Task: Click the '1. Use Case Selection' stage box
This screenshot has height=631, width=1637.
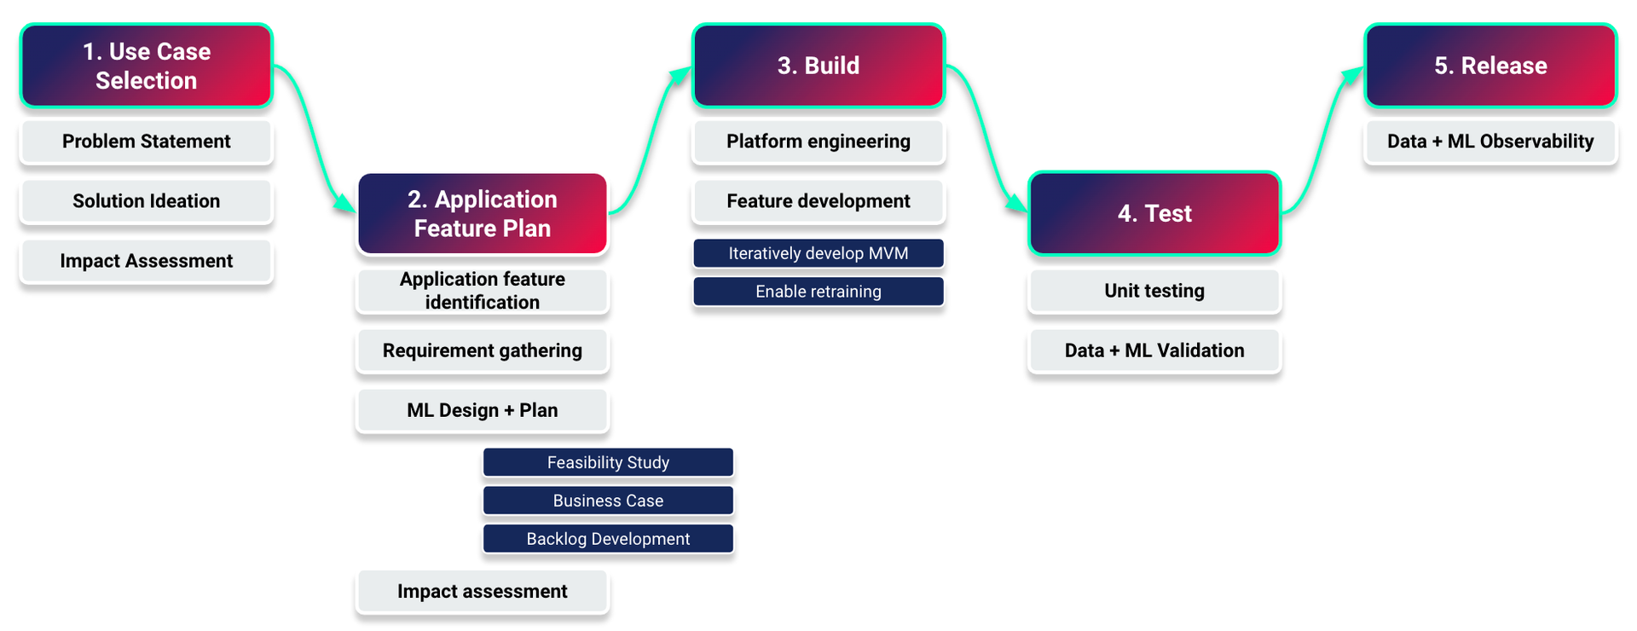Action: click(x=146, y=66)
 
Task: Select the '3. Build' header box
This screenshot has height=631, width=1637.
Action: click(x=818, y=66)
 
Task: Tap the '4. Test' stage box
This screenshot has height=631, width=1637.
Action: click(x=1154, y=213)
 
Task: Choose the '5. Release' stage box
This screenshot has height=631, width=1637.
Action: click(x=1489, y=66)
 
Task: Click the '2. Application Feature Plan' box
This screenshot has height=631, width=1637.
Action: click(x=482, y=213)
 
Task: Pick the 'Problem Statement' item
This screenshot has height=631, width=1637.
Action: click(x=146, y=142)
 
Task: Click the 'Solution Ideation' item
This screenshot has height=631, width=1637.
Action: click(x=146, y=201)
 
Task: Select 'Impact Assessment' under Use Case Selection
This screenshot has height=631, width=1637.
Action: click(x=146, y=261)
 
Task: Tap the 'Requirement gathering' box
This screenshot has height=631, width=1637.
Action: click(x=482, y=350)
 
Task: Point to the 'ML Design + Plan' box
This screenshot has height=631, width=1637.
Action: click(x=482, y=410)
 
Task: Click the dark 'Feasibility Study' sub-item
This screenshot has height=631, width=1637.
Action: click(x=608, y=462)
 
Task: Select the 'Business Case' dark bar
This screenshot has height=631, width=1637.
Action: click(x=608, y=501)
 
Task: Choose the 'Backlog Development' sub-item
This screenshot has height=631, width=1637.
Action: click(x=608, y=539)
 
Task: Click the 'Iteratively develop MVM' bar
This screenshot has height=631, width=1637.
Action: click(x=818, y=253)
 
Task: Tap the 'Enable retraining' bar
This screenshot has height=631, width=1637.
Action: click(x=818, y=292)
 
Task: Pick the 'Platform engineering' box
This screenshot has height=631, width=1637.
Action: click(x=818, y=142)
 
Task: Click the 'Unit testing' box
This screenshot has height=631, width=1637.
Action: click(x=1154, y=291)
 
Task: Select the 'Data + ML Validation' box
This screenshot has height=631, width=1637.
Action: click(x=1154, y=350)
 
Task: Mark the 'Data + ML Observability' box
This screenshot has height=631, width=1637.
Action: click(x=1489, y=142)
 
